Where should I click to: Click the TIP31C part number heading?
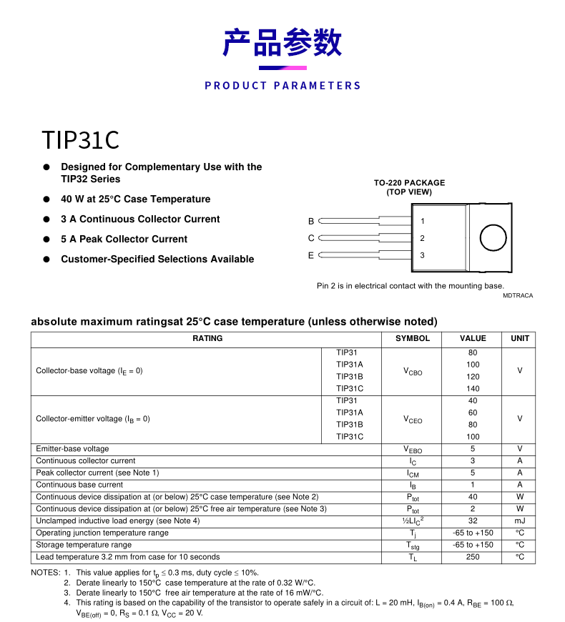pyautogui.click(x=80, y=140)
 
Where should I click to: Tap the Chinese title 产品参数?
pyautogui.click(x=282, y=43)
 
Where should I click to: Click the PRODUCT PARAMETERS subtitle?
pyautogui.click(x=282, y=86)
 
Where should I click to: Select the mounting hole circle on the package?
pyautogui.click(x=493, y=237)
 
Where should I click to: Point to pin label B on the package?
pyautogui.click(x=311, y=222)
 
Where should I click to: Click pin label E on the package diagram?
pyautogui.click(x=311, y=255)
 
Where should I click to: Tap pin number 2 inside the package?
pyautogui.click(x=422, y=238)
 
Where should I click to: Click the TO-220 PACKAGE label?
pyautogui.click(x=409, y=183)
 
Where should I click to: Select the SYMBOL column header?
pyautogui.click(x=413, y=339)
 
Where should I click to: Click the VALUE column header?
pyautogui.click(x=473, y=339)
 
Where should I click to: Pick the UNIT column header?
pyautogui.click(x=520, y=339)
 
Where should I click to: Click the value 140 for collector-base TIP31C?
pyautogui.click(x=473, y=389)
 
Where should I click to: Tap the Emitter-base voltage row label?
pyautogui.click(x=72, y=449)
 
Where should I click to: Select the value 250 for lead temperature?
pyautogui.click(x=473, y=557)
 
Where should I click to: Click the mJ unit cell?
pyautogui.click(x=520, y=521)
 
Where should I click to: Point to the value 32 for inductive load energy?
pyautogui.click(x=473, y=521)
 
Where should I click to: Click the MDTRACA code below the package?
pyautogui.click(x=517, y=295)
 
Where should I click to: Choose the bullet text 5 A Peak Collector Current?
pyautogui.click(x=124, y=240)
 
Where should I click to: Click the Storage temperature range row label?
pyautogui.click(x=84, y=545)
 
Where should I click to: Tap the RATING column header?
pyautogui.click(x=207, y=339)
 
